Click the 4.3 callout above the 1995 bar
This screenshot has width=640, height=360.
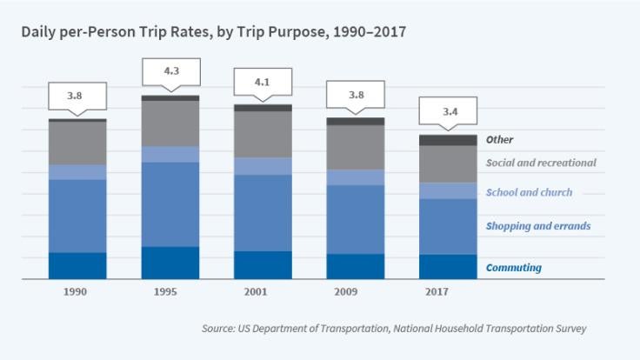[170, 71]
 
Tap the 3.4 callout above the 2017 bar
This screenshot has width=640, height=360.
[448, 112]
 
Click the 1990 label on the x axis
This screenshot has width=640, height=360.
[77, 291]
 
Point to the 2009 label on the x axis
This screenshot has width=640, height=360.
[355, 291]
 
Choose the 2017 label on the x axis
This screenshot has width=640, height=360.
[448, 291]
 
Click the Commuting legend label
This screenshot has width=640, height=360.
[513, 268]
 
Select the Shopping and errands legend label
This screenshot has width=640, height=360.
[538, 226]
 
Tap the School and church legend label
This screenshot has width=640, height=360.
[529, 192]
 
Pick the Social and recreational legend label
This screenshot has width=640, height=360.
[541, 163]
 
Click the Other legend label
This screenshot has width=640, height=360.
[499, 139]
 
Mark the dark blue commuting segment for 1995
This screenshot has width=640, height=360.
[170, 263]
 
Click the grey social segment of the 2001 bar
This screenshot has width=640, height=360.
[263, 134]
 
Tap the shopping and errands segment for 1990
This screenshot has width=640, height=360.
[77, 216]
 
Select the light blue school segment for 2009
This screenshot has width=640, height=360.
[355, 177]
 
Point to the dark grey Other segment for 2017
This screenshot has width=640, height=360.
[448, 140]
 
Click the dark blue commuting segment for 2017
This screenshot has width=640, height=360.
[448, 266]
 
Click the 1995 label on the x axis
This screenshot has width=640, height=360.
[170, 291]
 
